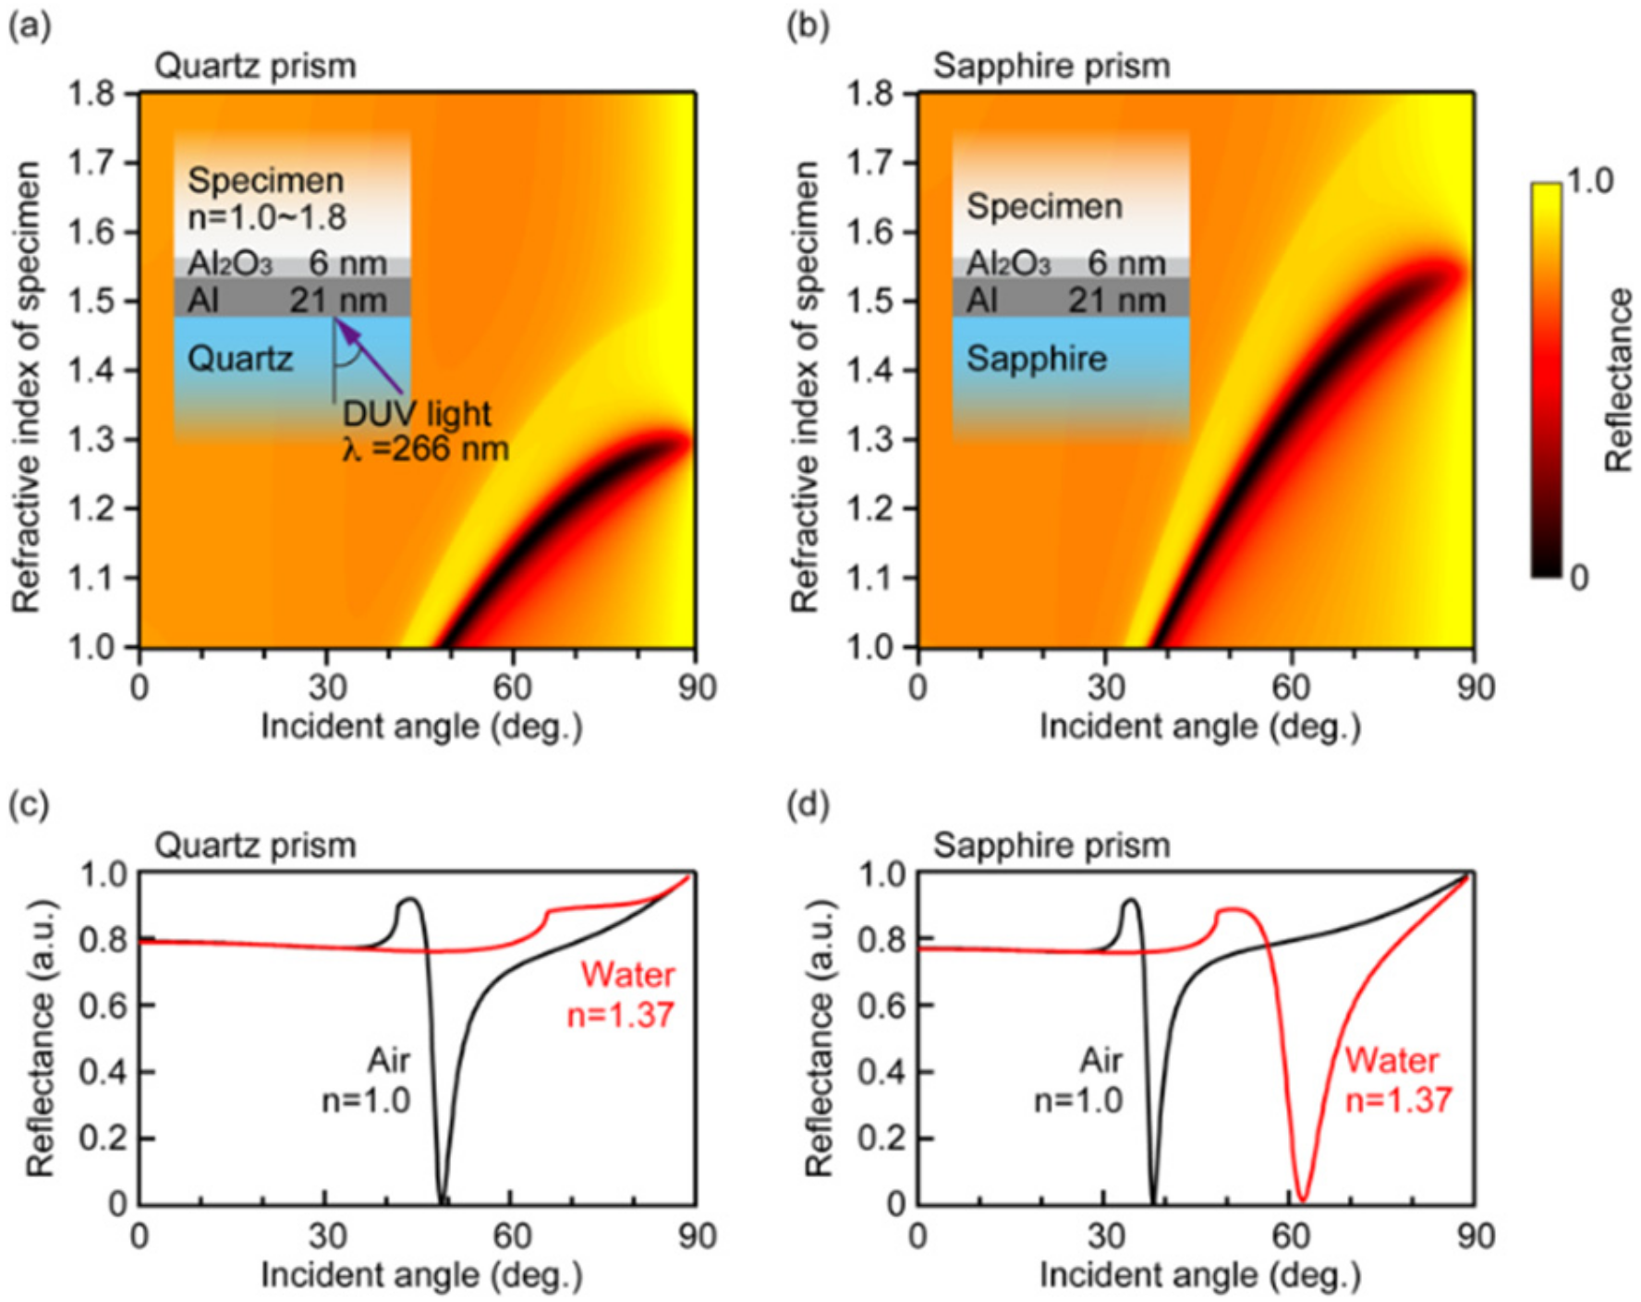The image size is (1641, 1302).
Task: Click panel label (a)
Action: point(30,26)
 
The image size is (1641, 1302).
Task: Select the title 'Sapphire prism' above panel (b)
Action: point(1051,67)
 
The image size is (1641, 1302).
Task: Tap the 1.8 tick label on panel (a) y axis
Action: point(91,93)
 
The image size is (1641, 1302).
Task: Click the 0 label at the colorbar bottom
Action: point(1579,578)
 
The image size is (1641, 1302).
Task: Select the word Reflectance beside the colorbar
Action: point(1619,380)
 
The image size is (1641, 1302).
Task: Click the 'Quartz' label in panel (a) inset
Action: point(240,359)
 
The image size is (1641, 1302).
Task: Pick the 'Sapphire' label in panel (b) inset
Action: point(1036,359)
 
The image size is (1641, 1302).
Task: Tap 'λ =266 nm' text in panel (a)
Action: point(425,449)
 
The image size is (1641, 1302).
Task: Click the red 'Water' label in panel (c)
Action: point(627,975)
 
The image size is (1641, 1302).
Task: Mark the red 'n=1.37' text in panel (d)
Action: point(1398,1101)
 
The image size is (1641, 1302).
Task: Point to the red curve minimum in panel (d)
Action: point(1302,1198)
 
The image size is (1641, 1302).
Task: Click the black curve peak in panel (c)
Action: point(410,899)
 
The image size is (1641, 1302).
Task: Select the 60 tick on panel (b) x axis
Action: point(1290,688)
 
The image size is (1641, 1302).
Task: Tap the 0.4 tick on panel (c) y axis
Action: point(103,1072)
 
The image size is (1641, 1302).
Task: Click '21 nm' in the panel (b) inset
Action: point(1117,300)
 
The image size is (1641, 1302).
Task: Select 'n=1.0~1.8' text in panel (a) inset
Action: point(267,217)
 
